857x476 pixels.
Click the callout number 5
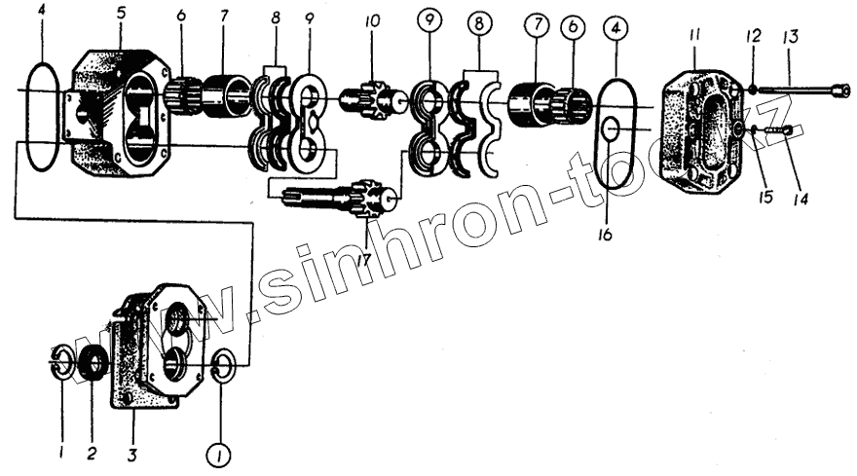point(120,15)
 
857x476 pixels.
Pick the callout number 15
point(765,198)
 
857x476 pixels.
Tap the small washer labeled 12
point(754,90)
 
